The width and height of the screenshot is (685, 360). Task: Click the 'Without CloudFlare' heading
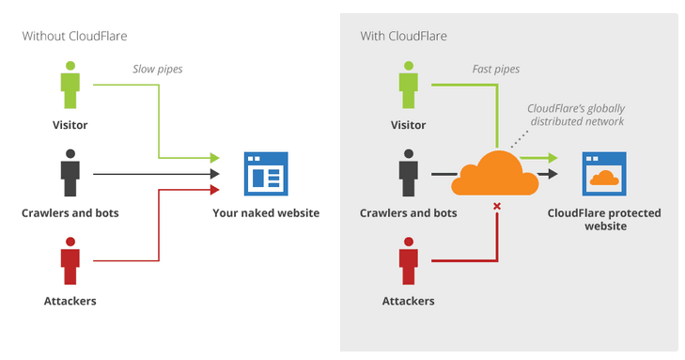(74, 36)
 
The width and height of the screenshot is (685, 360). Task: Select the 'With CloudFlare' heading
(404, 36)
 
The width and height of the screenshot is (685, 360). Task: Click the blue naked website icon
(266, 173)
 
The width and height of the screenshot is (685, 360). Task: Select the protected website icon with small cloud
(604, 173)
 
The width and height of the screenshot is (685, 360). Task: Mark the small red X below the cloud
(496, 205)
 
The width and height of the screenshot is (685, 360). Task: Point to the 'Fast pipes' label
(497, 69)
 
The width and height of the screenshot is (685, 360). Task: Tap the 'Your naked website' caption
(266, 213)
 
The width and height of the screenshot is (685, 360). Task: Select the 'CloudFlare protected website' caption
(604, 220)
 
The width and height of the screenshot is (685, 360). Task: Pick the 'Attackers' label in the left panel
(70, 301)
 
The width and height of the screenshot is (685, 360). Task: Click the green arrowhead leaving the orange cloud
(552, 158)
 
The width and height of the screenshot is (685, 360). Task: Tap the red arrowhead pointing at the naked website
(214, 190)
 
